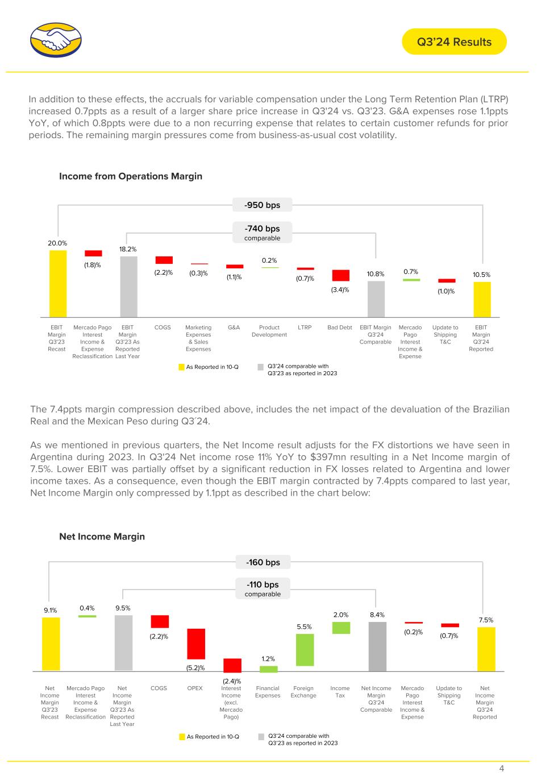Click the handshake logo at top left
click(x=56, y=40)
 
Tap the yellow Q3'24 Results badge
click(x=454, y=42)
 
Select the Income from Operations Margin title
click(x=131, y=176)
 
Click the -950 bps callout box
click(x=262, y=205)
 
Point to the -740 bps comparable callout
click(x=262, y=233)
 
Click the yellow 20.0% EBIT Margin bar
click(x=58, y=284)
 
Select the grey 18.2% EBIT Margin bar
click(x=128, y=287)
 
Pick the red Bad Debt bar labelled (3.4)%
click(x=340, y=275)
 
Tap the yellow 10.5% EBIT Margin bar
click(x=482, y=300)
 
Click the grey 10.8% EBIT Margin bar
click(x=376, y=299)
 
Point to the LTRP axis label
click(x=305, y=327)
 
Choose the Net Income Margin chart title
click(x=102, y=536)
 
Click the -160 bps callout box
click(x=263, y=562)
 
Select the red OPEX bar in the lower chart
click(x=196, y=644)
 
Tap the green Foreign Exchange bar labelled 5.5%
click(x=305, y=650)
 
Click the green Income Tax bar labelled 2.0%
click(x=341, y=628)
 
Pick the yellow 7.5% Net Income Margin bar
click(x=486, y=649)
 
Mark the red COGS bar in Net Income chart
click(x=160, y=621)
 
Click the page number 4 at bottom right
click(x=501, y=768)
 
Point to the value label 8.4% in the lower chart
click(x=377, y=615)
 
